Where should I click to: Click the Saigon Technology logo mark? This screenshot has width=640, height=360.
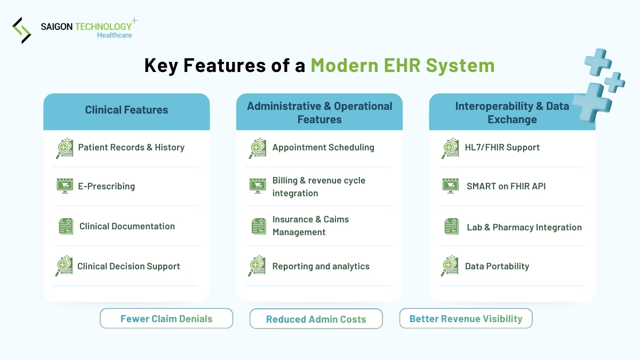[x=22, y=30]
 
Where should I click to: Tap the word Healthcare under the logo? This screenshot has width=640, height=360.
[x=114, y=35]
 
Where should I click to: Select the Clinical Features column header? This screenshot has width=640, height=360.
[x=126, y=110]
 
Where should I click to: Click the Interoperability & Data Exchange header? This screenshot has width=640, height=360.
[x=511, y=113]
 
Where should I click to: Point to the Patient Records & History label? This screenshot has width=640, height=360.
[x=131, y=148]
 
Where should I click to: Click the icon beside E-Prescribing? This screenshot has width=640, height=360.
[x=65, y=186]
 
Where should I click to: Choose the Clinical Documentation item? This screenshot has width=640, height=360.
[x=127, y=226]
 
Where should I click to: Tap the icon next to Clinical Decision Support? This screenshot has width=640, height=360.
[x=65, y=266]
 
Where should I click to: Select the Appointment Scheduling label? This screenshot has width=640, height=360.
[x=323, y=148]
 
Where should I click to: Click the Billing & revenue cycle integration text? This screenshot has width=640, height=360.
[x=318, y=187]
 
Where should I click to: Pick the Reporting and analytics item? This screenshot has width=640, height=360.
[x=321, y=266]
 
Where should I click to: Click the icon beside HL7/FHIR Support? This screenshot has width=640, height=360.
[x=450, y=148]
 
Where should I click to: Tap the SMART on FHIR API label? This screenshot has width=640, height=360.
[x=506, y=186]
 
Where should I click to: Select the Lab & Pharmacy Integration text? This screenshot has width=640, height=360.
[x=524, y=227]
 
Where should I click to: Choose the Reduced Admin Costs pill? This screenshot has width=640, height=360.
[x=316, y=319]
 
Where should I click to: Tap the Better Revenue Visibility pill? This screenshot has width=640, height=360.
[x=466, y=318]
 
